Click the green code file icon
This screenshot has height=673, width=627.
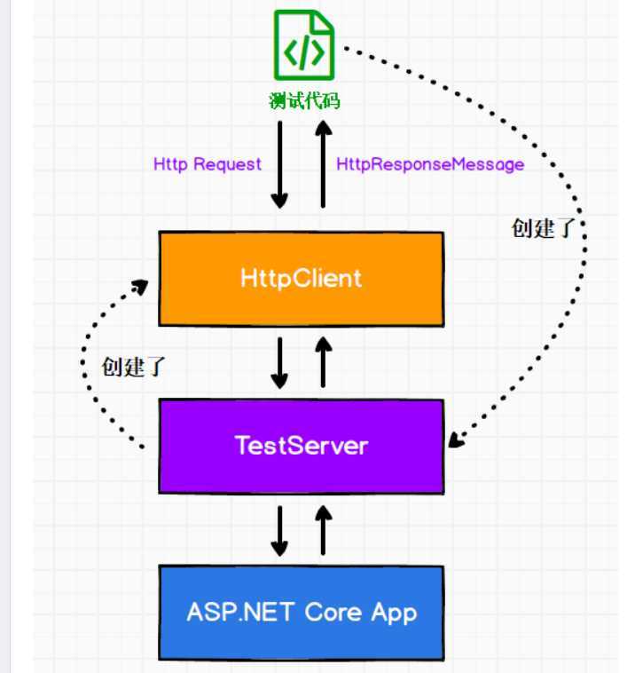(304, 45)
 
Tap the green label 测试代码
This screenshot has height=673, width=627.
(304, 100)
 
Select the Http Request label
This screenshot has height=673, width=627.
(208, 164)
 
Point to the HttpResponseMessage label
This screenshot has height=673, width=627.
(430, 164)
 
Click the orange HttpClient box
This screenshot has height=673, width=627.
(301, 278)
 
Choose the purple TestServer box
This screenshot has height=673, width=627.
(301, 445)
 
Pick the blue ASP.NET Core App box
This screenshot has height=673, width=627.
(301, 612)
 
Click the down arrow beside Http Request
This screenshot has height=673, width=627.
(281, 163)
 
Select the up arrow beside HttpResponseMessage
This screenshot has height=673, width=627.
(323, 163)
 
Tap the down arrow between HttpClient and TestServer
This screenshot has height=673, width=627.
(281, 363)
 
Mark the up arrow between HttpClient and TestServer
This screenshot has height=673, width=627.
(323, 363)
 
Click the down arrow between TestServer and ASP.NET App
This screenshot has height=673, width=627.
(281, 530)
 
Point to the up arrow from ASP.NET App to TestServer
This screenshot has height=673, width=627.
(323, 530)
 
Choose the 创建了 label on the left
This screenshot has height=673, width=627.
(133, 367)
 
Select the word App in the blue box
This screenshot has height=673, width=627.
(394, 612)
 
